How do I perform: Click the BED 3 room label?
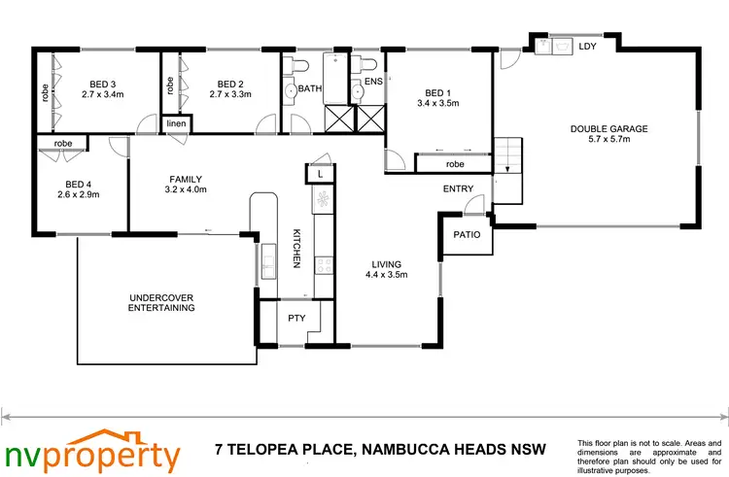(x=102, y=84)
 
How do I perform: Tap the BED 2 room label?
(x=229, y=84)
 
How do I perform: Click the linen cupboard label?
(x=176, y=123)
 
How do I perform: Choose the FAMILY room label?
(x=185, y=180)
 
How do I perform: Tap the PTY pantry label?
(x=296, y=318)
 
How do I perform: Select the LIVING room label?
(x=387, y=263)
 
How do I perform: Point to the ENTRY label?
(x=458, y=189)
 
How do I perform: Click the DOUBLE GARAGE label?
(x=608, y=128)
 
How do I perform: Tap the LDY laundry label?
(x=587, y=46)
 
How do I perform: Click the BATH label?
(x=310, y=88)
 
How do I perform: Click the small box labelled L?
(x=320, y=173)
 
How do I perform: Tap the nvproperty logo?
(x=92, y=451)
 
